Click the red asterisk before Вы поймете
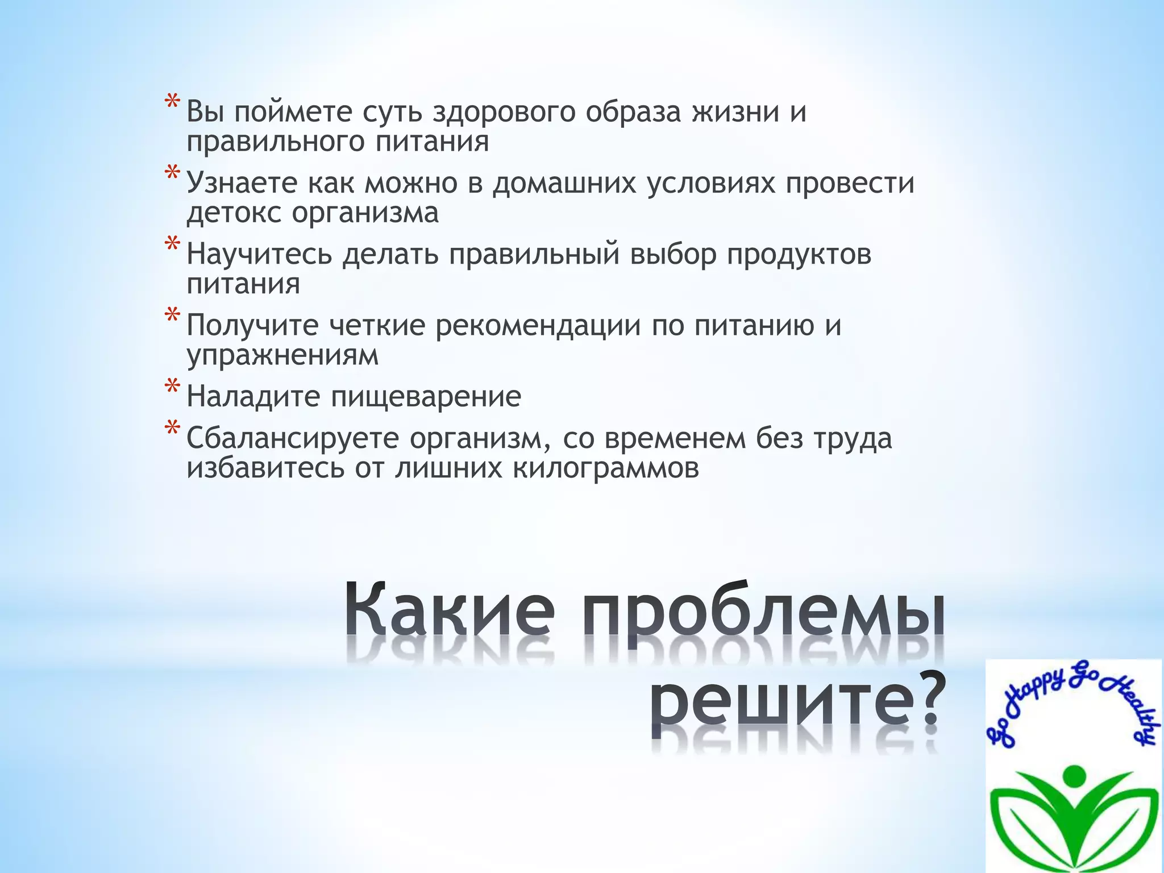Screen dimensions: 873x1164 click(172, 105)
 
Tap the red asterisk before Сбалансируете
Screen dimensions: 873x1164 click(172, 431)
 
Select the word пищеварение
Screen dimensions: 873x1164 click(426, 396)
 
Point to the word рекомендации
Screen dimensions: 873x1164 click(538, 326)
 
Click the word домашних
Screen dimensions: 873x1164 click(564, 183)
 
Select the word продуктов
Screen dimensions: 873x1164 click(799, 254)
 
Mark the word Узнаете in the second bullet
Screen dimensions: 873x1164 click(243, 183)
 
